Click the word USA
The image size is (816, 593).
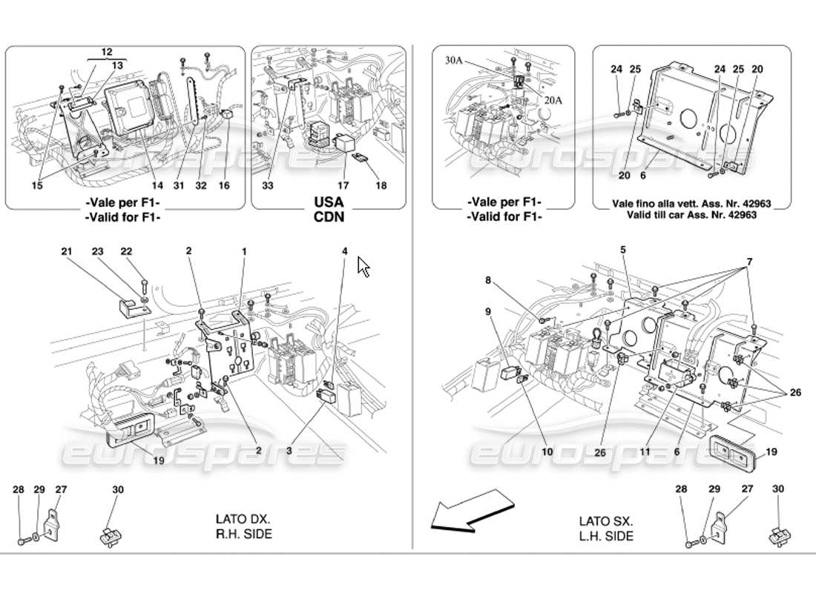pos(328,202)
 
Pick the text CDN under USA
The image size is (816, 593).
pos(328,218)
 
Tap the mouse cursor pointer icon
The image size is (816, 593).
pos(363,266)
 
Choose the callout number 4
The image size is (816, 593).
pos(344,252)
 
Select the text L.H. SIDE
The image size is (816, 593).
pos(608,535)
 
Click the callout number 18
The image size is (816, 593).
pos(381,186)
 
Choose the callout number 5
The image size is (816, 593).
pos(623,251)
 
